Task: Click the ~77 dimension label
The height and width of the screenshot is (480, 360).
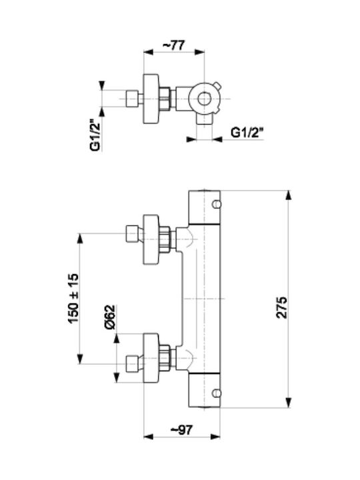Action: coord(173,45)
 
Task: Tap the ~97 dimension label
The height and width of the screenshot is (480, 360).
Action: coord(181,430)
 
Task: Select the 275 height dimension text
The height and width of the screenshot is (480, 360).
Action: coord(282,307)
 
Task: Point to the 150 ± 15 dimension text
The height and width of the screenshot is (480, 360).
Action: coord(73,299)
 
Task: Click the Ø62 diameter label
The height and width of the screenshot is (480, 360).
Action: coord(109,317)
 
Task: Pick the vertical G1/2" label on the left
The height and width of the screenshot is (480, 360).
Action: coord(95,135)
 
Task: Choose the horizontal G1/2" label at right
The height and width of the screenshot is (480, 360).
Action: coord(247,133)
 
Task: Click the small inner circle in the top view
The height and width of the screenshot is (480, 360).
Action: coord(203,99)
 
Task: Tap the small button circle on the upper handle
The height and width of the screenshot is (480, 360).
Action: coord(217,204)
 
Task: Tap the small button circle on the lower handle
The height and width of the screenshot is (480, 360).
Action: coord(217,393)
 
